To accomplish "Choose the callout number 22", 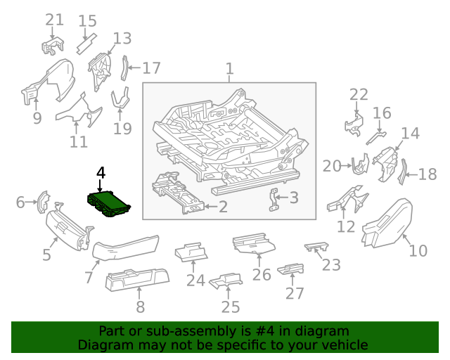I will pyautogui.click(x=359, y=95).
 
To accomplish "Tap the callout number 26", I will pyautogui.click(x=262, y=274).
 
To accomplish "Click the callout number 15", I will pyautogui.click(x=87, y=21).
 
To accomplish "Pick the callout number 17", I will pyautogui.click(x=151, y=68).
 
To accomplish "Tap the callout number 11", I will pyautogui.click(x=79, y=141).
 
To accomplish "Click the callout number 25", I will pyautogui.click(x=231, y=307).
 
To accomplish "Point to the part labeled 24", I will pyautogui.click(x=191, y=251).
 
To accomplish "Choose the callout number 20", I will pyautogui.click(x=331, y=166).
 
